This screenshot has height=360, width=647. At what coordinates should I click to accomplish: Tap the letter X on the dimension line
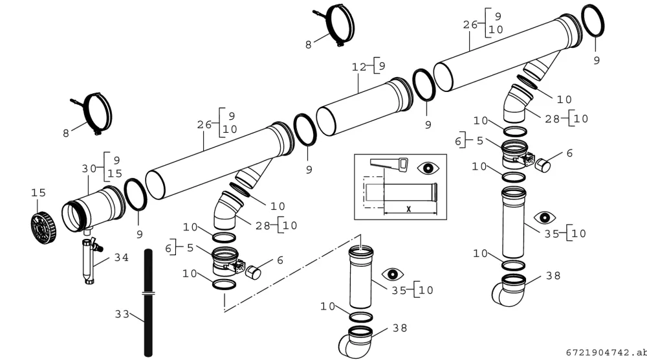pyautogui.click(x=408, y=209)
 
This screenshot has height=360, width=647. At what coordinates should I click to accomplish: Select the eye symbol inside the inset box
pyautogui.click(x=428, y=168)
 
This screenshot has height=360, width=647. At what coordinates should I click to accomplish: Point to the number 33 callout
pyautogui.click(x=122, y=315)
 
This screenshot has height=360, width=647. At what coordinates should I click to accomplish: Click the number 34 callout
pyautogui.click(x=122, y=258)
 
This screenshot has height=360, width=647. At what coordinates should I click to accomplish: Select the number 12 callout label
pyautogui.click(x=359, y=67)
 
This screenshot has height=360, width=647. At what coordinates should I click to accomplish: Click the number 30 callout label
pyautogui.click(x=89, y=168)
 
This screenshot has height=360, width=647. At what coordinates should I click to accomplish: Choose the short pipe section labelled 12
pyautogui.click(x=365, y=107)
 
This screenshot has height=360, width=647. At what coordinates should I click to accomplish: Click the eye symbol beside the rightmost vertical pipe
pyautogui.click(x=545, y=217)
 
